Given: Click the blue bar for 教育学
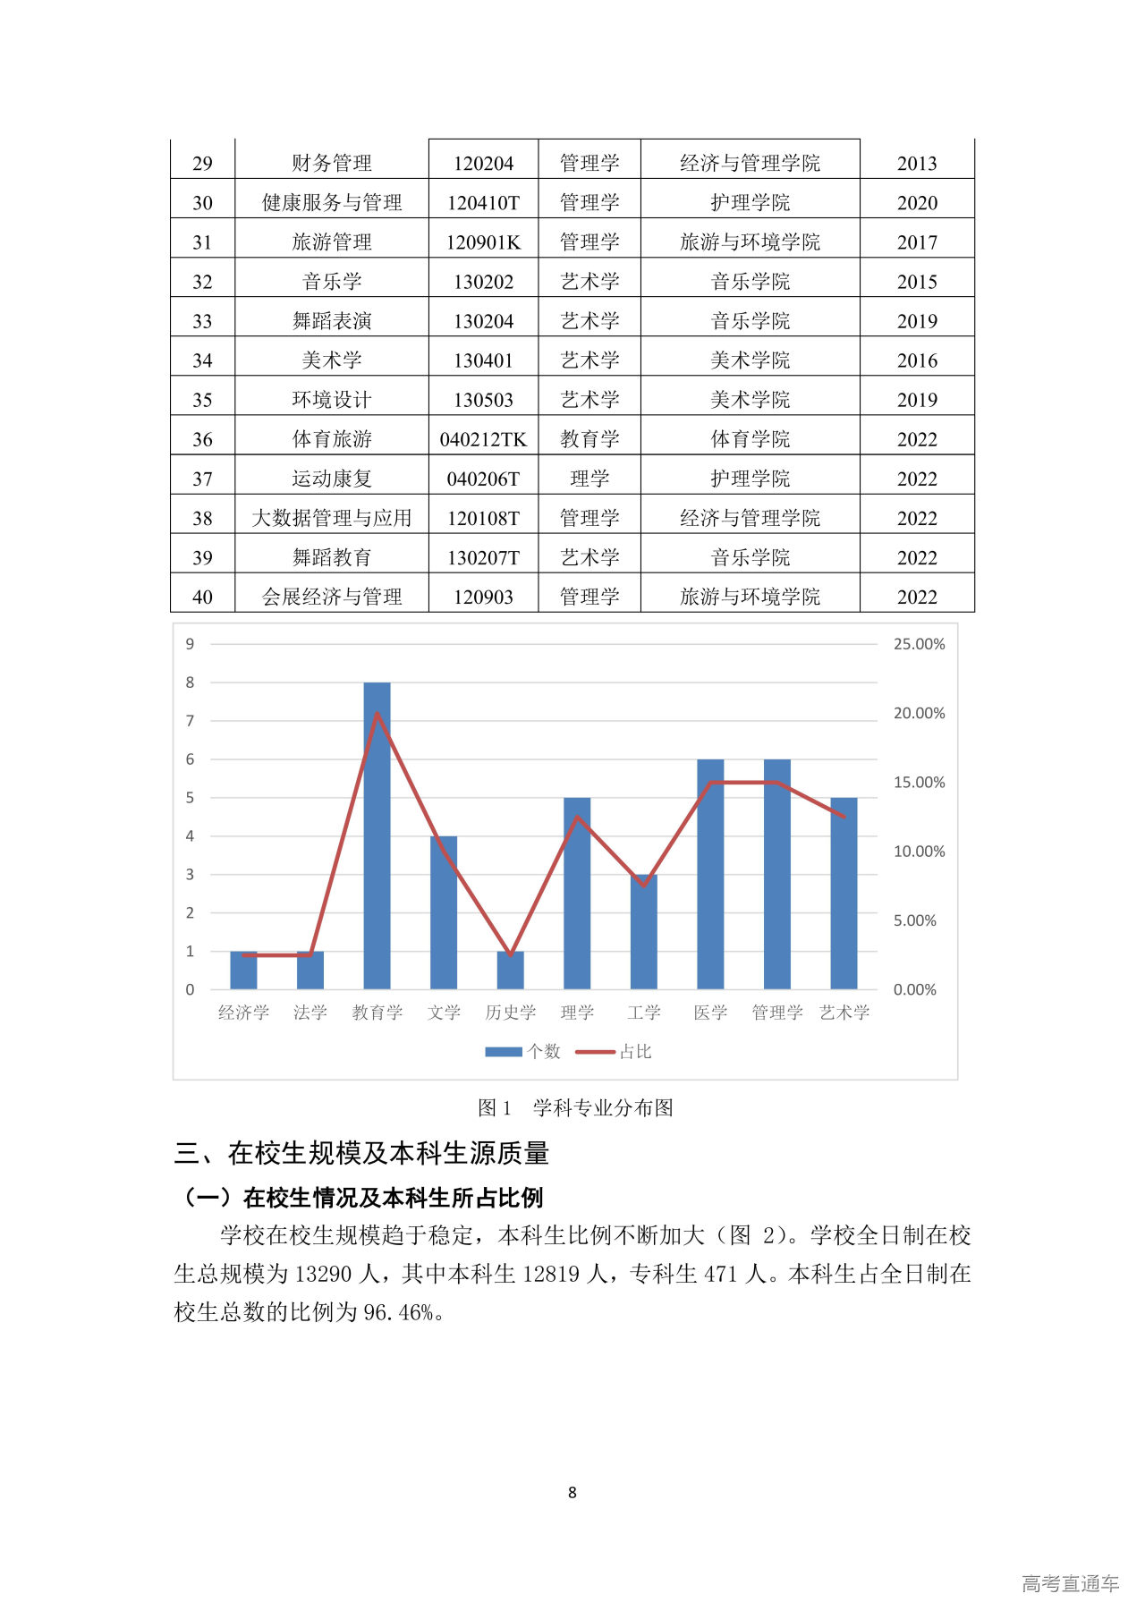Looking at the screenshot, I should point(377,835).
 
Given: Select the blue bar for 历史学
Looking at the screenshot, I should point(510,971).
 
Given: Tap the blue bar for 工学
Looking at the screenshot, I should point(643,932).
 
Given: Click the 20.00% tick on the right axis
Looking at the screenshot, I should point(919,713).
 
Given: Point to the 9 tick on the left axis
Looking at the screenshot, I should point(190,644).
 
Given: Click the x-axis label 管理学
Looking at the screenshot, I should point(776,1013).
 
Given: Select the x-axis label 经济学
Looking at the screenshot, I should point(243,1013).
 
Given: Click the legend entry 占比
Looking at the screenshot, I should point(635,1052).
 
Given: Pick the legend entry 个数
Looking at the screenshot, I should point(543,1052).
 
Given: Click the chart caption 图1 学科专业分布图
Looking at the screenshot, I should point(575,1107).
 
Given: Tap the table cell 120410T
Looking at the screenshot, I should point(483,203).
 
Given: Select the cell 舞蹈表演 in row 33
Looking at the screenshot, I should point(332,321).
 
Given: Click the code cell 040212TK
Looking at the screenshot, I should point(483,439).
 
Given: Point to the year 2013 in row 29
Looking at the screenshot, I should point(917,164).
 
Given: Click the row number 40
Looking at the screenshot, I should point(203,597).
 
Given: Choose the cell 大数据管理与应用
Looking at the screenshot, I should point(332,518).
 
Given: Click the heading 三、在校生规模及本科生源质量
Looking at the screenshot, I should point(361,1153).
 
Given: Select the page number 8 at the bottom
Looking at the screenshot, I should point(572,1492).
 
